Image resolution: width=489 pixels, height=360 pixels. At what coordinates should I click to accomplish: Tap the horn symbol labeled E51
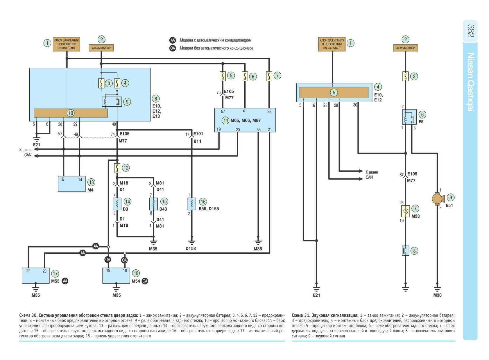click(437, 199)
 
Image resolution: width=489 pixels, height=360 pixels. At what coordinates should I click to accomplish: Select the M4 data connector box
click(71, 184)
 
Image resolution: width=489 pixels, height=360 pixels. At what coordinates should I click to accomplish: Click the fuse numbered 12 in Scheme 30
click(117, 168)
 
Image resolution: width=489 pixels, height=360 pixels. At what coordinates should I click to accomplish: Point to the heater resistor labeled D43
click(153, 204)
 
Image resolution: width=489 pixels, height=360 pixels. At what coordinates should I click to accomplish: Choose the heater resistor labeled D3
click(117, 204)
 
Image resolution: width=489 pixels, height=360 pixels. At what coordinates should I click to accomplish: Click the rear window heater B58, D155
click(191, 204)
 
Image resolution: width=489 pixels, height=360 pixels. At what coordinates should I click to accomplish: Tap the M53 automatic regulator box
click(36, 275)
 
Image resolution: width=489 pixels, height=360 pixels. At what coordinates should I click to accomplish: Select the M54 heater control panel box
click(116, 275)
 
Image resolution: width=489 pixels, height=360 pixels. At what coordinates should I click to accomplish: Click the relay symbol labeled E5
click(409, 117)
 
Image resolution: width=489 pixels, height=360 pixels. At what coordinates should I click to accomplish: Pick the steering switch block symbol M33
click(405, 211)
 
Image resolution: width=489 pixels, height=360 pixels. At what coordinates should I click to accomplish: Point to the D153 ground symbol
click(191, 242)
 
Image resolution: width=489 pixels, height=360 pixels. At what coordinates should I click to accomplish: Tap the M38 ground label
click(437, 295)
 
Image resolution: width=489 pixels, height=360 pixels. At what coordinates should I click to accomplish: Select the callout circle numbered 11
click(226, 120)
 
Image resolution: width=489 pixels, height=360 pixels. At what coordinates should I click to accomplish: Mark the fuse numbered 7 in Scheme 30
click(269, 76)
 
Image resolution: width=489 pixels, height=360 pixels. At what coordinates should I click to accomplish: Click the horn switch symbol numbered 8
click(406, 251)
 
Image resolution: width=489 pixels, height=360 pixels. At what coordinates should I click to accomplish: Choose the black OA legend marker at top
click(173, 48)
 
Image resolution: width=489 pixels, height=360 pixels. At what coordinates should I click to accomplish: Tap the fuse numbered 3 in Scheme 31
click(406, 76)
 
